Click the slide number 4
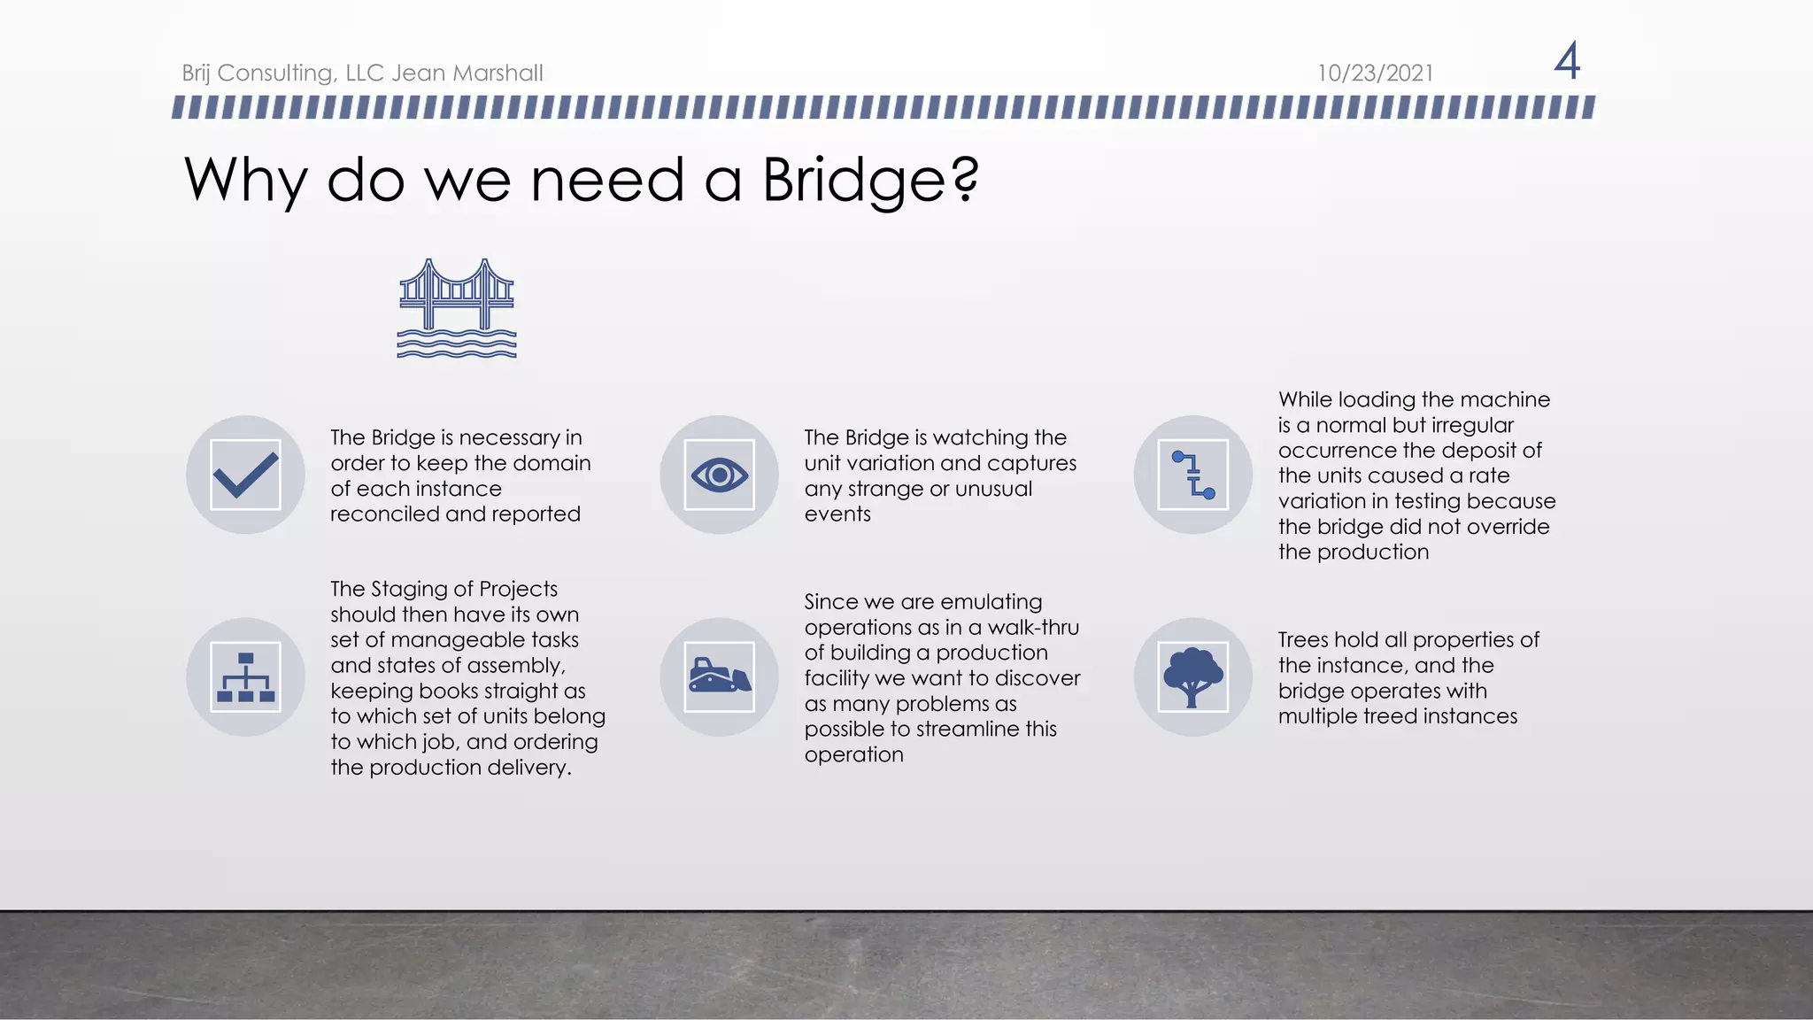(x=1567, y=61)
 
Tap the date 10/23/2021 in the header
(x=1375, y=73)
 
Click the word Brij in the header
(x=196, y=73)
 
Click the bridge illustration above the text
(x=457, y=308)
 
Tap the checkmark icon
(x=245, y=475)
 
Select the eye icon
(x=719, y=475)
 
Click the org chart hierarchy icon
(x=245, y=677)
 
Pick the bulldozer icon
(x=719, y=676)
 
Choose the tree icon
(x=1192, y=677)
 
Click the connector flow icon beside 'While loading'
(x=1192, y=475)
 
